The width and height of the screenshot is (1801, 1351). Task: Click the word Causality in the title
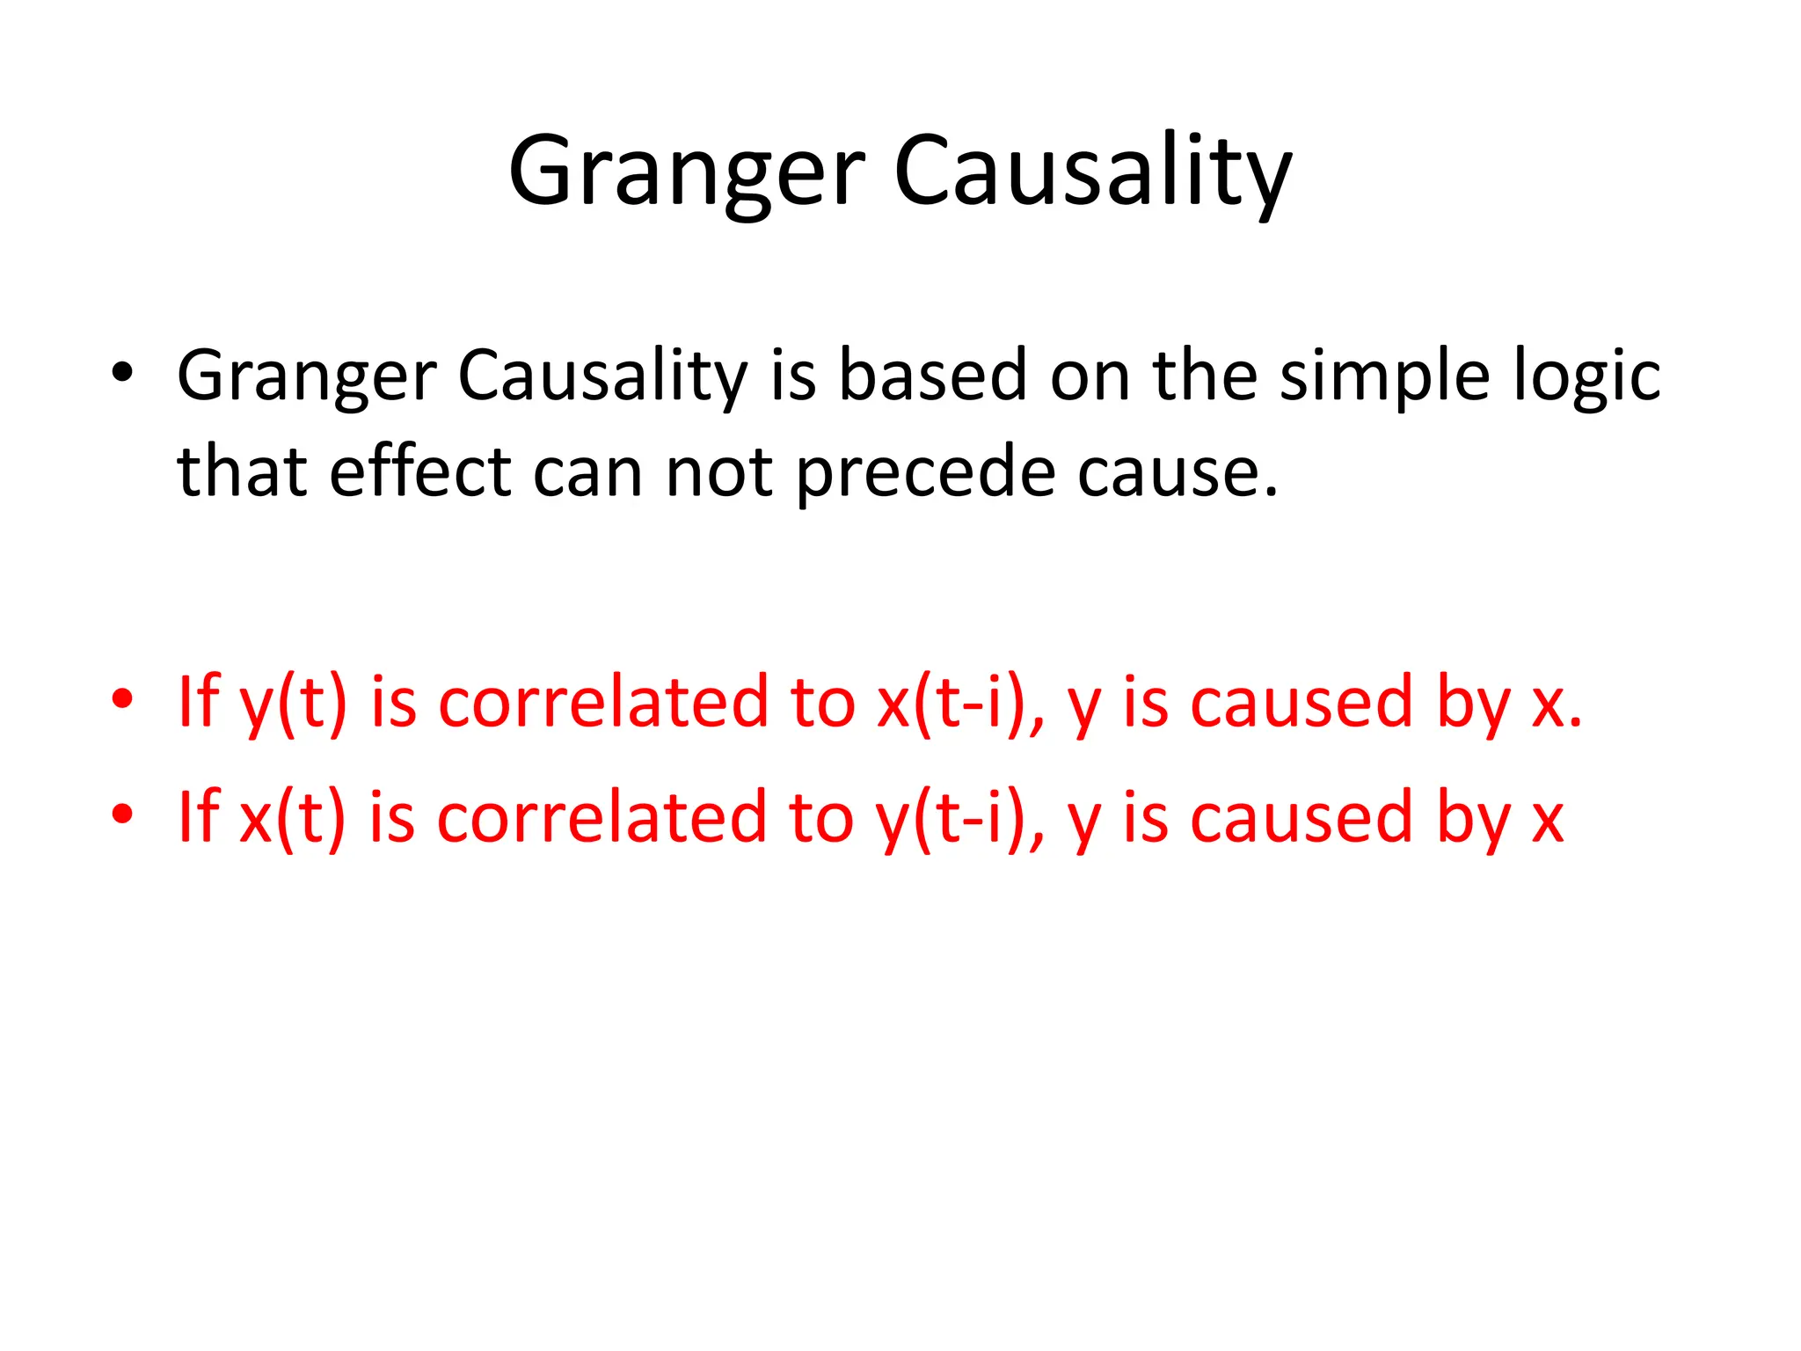click(1092, 172)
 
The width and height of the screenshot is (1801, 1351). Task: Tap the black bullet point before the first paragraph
click(122, 372)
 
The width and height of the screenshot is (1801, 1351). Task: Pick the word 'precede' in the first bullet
click(924, 473)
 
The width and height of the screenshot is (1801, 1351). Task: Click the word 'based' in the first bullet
click(932, 375)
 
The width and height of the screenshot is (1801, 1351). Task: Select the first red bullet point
click(122, 699)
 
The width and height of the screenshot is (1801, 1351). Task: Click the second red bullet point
click(122, 814)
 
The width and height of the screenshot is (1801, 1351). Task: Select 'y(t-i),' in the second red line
click(959, 819)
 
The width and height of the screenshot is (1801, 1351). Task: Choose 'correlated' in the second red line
click(602, 817)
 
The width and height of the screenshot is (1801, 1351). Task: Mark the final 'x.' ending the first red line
click(1556, 704)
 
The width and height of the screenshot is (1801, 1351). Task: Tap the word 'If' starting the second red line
click(198, 817)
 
